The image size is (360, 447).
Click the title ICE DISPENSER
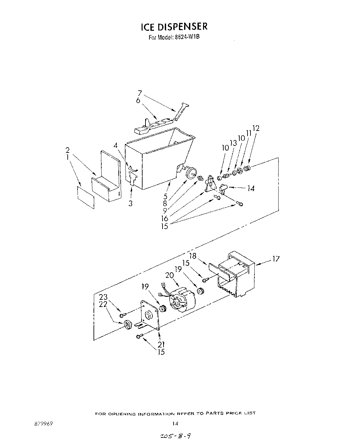point(174,26)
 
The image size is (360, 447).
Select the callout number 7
point(140,93)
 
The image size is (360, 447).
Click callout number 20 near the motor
point(169,276)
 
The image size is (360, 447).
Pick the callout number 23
point(103,297)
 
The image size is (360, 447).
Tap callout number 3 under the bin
point(130,204)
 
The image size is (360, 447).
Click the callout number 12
point(256,128)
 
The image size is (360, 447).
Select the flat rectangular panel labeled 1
point(86,197)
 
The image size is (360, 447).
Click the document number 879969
point(42,423)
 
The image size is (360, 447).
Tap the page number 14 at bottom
point(175,423)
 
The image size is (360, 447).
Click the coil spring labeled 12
point(248,169)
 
